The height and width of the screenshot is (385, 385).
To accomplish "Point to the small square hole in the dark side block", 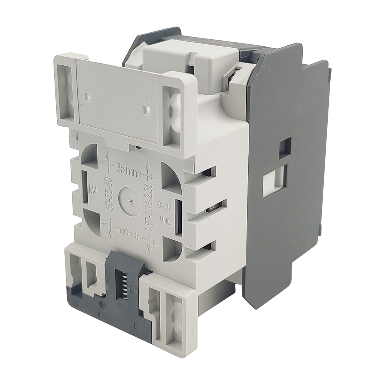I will (x=285, y=148).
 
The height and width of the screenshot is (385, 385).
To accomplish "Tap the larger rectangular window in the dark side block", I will (x=274, y=181).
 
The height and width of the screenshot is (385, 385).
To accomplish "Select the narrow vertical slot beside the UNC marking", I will (x=178, y=216).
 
